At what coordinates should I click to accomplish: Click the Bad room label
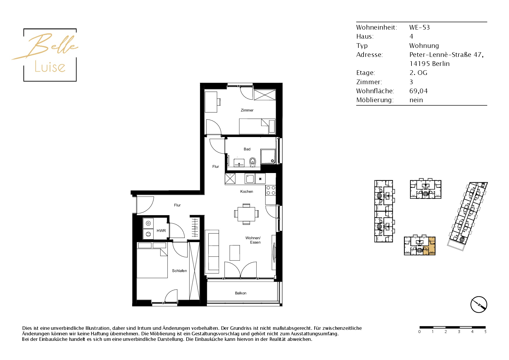pos(247,149)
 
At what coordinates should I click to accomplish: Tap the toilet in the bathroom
pos(252,162)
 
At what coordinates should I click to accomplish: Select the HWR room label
pos(161,231)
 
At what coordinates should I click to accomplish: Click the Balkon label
pos(241,293)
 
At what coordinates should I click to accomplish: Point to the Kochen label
pos(247,192)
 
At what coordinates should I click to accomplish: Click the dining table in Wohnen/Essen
pos(246,214)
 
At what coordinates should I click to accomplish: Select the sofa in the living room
pos(212,251)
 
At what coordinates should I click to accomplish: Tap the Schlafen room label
pos(179,271)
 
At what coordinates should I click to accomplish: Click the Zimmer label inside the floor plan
pos(247,110)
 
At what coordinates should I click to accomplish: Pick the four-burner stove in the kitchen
pos(271,190)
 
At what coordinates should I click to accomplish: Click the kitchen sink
pos(250,179)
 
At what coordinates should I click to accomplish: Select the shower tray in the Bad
pos(268,156)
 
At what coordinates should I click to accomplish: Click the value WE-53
pos(419,28)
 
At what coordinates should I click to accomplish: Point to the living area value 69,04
pos(418,91)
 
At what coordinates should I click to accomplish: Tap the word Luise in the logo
pos(50,67)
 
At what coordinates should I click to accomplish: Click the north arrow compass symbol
pos(479,305)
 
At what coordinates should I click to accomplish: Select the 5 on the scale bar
pos(485,332)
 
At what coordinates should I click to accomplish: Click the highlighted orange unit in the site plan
pos(429,246)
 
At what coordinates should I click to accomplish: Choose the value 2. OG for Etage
pos(418,73)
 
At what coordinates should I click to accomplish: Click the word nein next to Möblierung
pos(416,100)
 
